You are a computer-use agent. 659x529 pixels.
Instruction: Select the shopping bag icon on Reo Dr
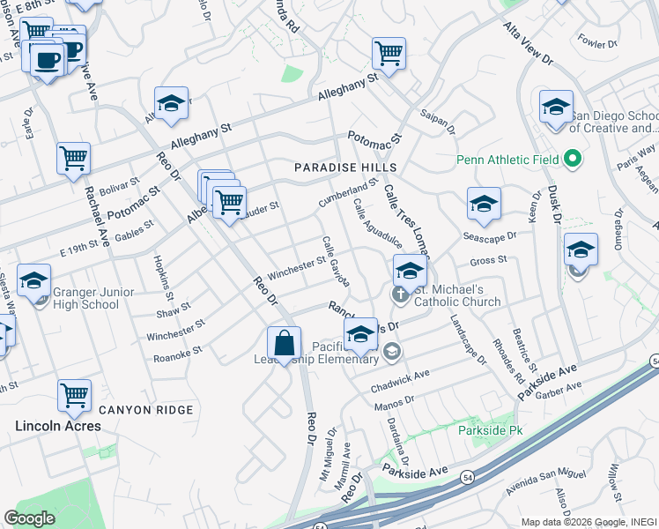pos(284,344)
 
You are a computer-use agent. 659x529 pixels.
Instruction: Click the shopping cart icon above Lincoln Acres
pos(74,397)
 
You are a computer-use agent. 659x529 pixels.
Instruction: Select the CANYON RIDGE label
pos(145,410)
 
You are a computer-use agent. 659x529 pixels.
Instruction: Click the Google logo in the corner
pos(29,518)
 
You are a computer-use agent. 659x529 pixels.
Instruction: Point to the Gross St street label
pos(488,261)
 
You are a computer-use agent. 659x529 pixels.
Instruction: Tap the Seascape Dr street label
pos(488,236)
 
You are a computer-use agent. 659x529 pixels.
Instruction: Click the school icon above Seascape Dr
pos(484,204)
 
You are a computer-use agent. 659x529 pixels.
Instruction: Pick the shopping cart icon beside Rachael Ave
pos(74,159)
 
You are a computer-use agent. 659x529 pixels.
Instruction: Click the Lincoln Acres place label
pos(58,426)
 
